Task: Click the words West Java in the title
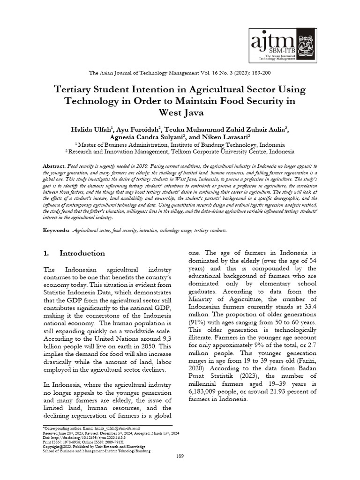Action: coord(180,112)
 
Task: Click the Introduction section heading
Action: coord(82,253)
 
